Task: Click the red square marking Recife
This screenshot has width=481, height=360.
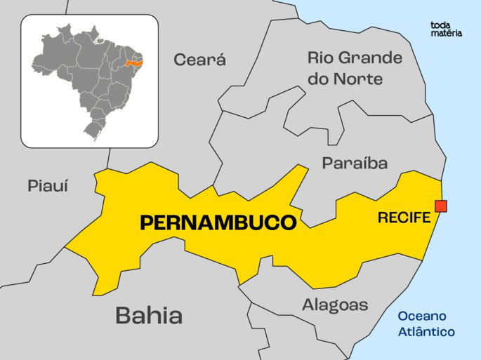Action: tap(441, 206)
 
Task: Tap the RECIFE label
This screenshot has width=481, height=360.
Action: tap(404, 218)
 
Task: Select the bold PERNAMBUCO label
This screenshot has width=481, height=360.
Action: tap(218, 223)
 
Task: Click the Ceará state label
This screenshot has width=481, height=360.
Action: tap(200, 60)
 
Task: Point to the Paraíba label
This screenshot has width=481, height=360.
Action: tap(355, 164)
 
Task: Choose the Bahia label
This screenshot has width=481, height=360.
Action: tap(149, 316)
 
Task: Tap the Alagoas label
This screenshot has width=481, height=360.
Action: tap(335, 305)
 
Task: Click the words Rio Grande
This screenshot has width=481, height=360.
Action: tap(355, 58)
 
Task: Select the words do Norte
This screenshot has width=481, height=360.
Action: tap(345, 79)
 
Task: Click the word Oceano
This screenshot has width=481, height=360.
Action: tap(422, 316)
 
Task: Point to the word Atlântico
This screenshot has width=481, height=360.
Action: tap(426, 332)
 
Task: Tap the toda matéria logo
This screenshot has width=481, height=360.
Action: tap(446, 29)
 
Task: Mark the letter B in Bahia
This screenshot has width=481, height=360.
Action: tap(123, 316)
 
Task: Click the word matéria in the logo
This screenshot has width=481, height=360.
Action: tap(446, 33)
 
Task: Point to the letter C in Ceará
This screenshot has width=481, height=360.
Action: tap(180, 60)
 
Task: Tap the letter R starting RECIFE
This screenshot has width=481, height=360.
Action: tap(382, 218)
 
